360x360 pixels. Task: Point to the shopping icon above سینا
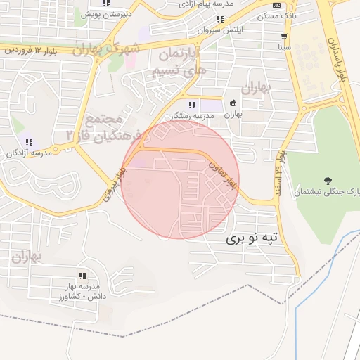pyautogui.click(x=283, y=37)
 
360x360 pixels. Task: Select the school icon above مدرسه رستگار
pyautogui.click(x=192, y=105)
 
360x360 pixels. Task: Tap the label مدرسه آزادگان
pyautogui.click(x=29, y=153)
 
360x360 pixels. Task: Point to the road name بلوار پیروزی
pyautogui.click(x=114, y=184)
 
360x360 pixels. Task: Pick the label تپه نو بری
pyautogui.click(x=252, y=239)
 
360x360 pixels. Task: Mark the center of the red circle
pyautogui.click(x=180, y=179)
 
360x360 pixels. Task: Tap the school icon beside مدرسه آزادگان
pyautogui.click(x=29, y=143)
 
